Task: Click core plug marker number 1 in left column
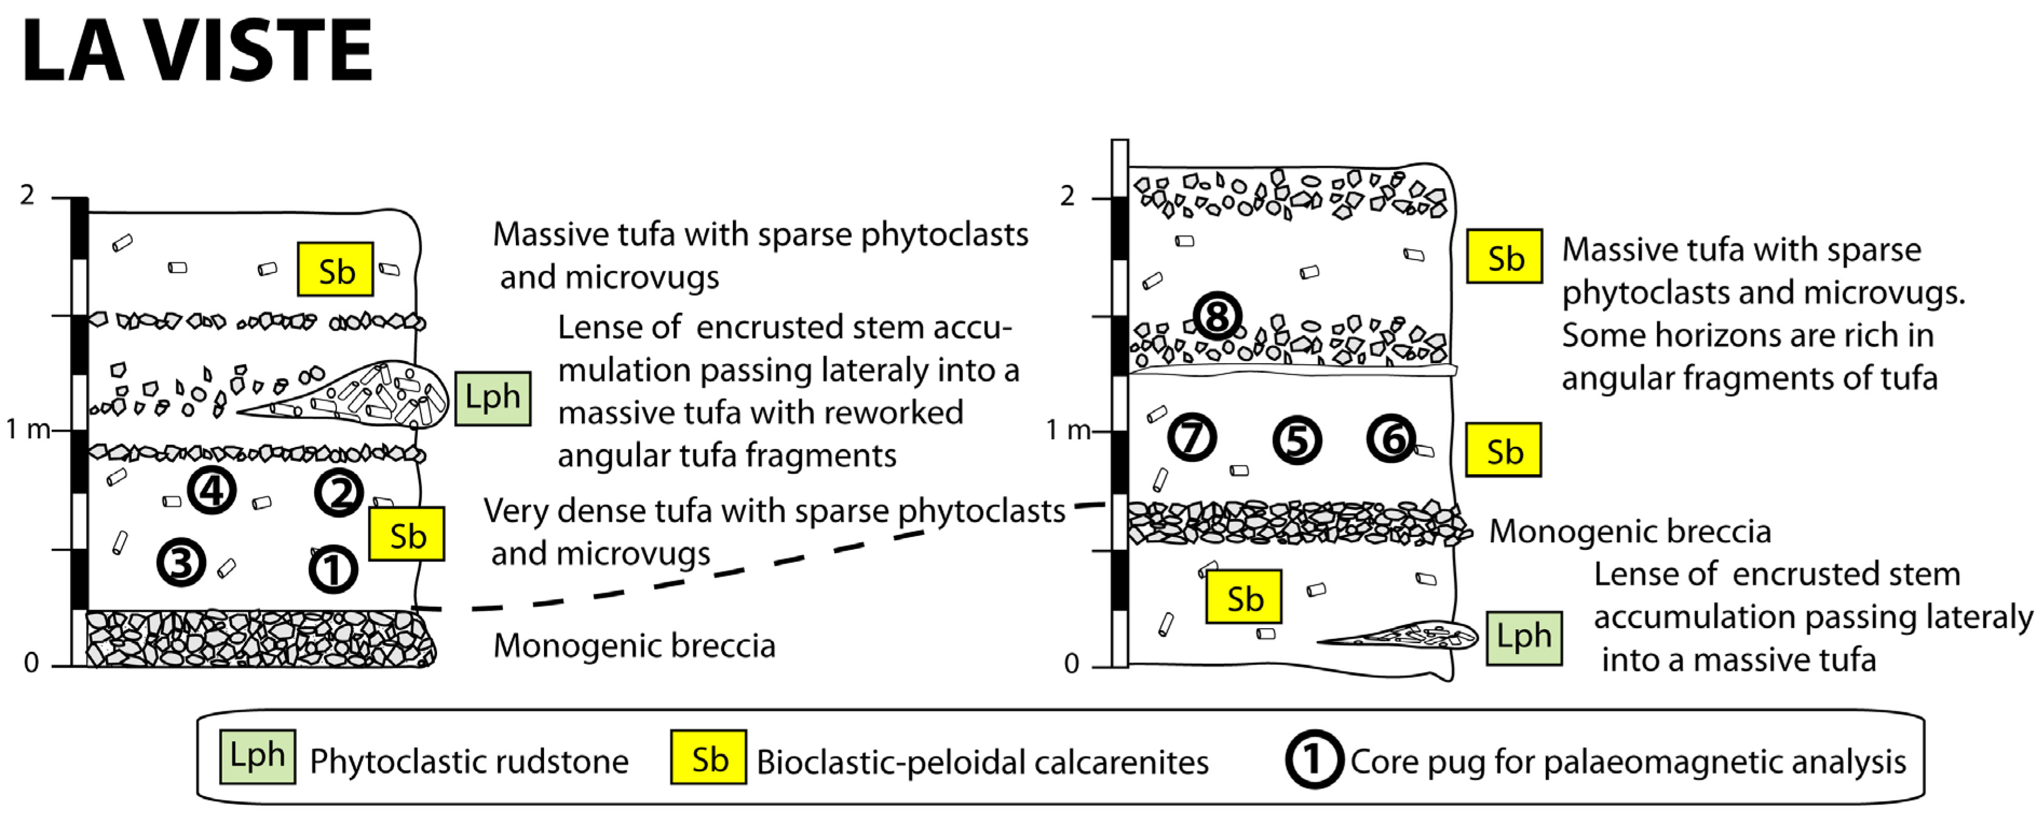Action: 333,569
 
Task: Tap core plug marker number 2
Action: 339,493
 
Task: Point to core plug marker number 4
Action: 212,491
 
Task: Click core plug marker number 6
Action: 1391,438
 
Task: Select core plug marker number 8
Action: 1217,316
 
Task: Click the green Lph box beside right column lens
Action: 1523,637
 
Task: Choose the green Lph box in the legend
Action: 257,757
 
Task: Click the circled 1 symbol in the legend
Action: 1313,759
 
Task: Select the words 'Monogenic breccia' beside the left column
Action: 634,645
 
